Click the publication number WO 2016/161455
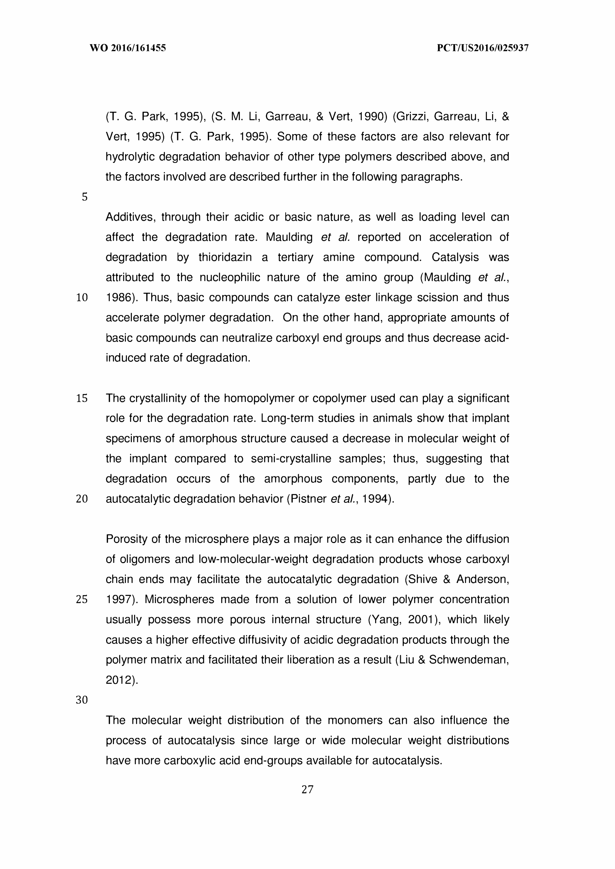click(128, 48)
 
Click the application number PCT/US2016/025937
click(482, 48)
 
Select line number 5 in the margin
click(85, 197)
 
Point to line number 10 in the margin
click(82, 298)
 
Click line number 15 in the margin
click(82, 398)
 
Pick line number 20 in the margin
click(82, 499)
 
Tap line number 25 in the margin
click(82, 599)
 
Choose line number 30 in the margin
click(82, 700)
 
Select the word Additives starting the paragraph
click(129, 218)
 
